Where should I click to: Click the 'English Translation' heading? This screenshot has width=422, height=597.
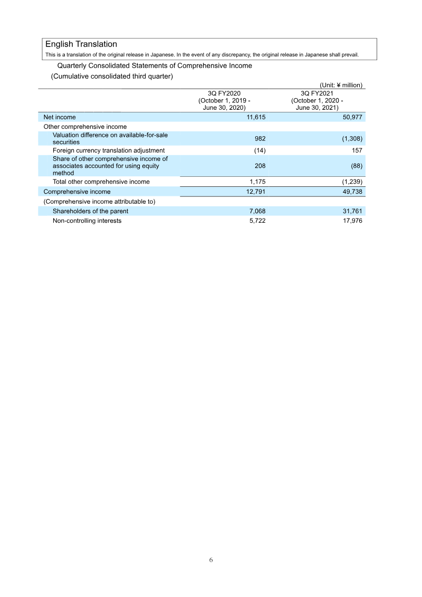[x=81, y=44]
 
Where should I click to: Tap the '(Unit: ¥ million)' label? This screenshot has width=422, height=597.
[x=341, y=85]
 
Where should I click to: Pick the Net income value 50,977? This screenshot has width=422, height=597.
[x=351, y=117]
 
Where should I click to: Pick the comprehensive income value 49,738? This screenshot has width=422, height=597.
[x=351, y=192]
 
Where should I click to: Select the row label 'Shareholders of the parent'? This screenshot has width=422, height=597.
[x=90, y=211]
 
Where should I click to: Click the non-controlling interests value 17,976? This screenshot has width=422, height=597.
[x=351, y=221]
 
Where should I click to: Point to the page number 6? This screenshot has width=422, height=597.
[x=211, y=560]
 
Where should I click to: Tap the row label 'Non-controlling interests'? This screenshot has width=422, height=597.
[x=87, y=221]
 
